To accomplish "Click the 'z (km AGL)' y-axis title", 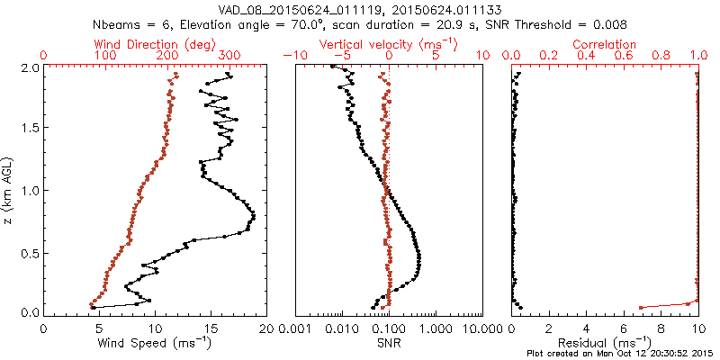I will [13, 190].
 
